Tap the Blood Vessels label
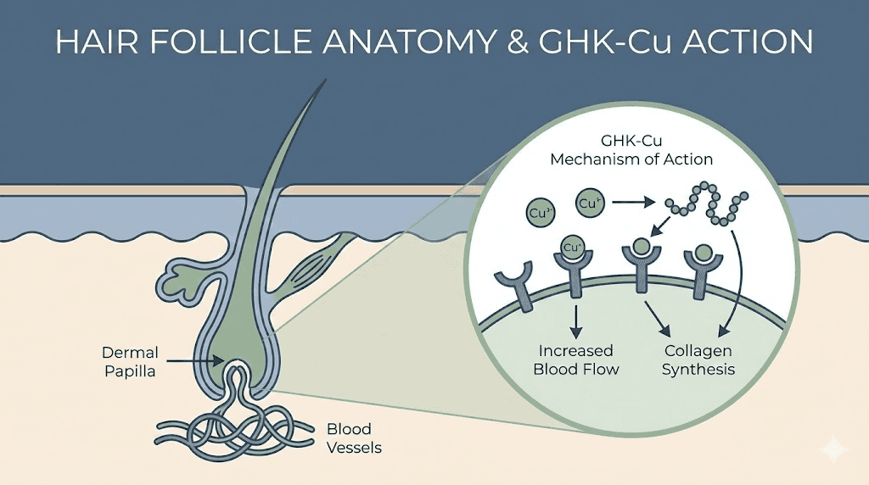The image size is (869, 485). [350, 437]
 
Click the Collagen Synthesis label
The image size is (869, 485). [697, 360]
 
